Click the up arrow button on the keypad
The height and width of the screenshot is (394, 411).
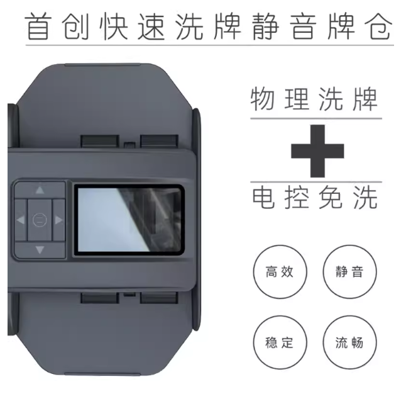click(40, 190)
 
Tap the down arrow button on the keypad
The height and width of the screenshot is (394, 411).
click(40, 250)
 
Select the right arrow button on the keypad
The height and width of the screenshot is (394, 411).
click(58, 220)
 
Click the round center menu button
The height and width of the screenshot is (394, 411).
click(40, 220)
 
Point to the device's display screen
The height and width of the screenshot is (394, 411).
click(129, 220)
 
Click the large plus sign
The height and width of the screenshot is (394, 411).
click(317, 151)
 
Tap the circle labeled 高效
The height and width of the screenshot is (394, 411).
click(280, 272)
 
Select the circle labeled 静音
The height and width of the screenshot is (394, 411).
click(349, 272)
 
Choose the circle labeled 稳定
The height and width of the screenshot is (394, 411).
click(280, 342)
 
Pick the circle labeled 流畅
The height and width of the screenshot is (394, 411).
click(349, 342)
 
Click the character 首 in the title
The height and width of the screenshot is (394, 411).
click(38, 26)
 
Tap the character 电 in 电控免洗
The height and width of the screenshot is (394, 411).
click(263, 197)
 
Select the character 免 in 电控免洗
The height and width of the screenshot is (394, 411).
click(331, 197)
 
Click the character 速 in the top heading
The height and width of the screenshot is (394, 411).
click(151, 26)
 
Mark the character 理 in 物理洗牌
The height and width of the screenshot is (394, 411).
click(296, 99)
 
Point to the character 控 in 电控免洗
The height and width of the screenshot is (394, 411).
click(297, 197)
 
